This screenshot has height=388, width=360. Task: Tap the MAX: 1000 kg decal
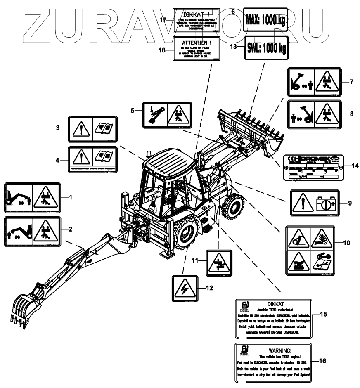click(x=264, y=20)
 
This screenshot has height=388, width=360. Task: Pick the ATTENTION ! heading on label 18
click(x=195, y=42)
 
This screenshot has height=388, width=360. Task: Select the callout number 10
click(x=346, y=243)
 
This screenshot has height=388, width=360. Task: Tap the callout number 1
click(x=70, y=197)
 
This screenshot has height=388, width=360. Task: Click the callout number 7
click(x=351, y=82)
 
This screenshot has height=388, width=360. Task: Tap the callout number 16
click(x=322, y=360)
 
